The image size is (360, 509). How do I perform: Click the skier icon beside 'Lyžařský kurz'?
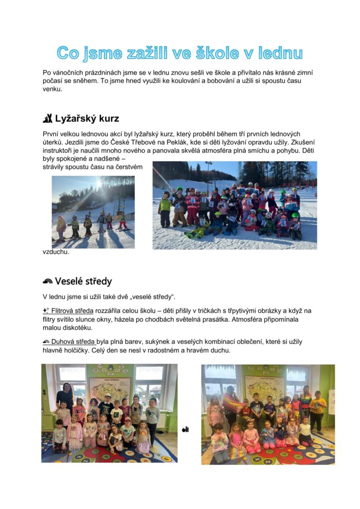coord(48,118)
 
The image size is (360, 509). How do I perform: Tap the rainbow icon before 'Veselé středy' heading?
coord(48,282)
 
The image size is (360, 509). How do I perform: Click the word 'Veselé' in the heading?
coord(70,282)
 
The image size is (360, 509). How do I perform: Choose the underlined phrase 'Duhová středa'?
coord(73,342)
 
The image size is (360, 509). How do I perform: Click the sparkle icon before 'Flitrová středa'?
coord(46,311)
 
